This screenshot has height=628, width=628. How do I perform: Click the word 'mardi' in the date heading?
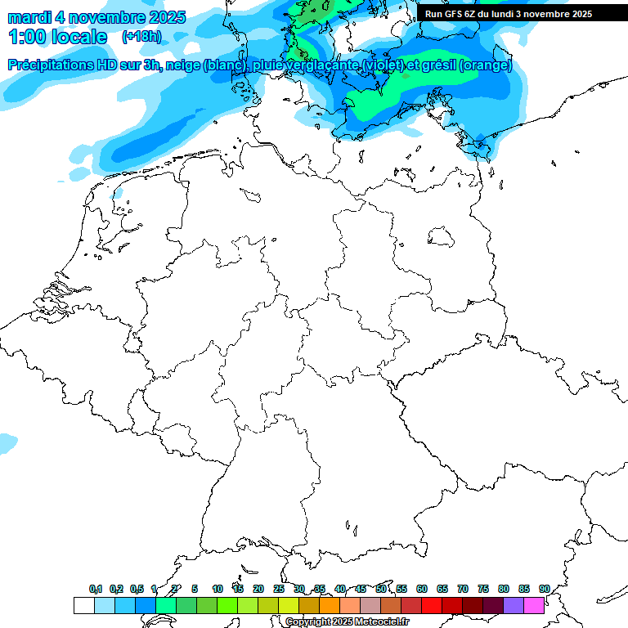pos(30,17)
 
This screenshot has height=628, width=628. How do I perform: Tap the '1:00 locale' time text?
pos(58,37)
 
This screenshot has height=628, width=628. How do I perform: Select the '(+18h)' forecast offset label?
pos(141,37)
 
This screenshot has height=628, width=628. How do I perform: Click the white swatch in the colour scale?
pos(83,605)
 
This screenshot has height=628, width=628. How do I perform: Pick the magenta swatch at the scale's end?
pos(534,605)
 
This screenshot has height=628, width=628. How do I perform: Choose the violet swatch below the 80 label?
pos(514,605)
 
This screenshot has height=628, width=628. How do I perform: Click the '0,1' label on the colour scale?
pos(96,589)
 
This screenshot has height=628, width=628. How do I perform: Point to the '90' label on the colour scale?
pos(544,589)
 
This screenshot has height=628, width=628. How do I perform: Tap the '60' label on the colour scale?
pos(421,589)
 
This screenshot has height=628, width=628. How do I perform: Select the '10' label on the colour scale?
pos(217,589)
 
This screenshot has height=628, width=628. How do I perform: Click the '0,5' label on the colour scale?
pos(137,589)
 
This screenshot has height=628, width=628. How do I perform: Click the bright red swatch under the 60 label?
pos(432,605)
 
